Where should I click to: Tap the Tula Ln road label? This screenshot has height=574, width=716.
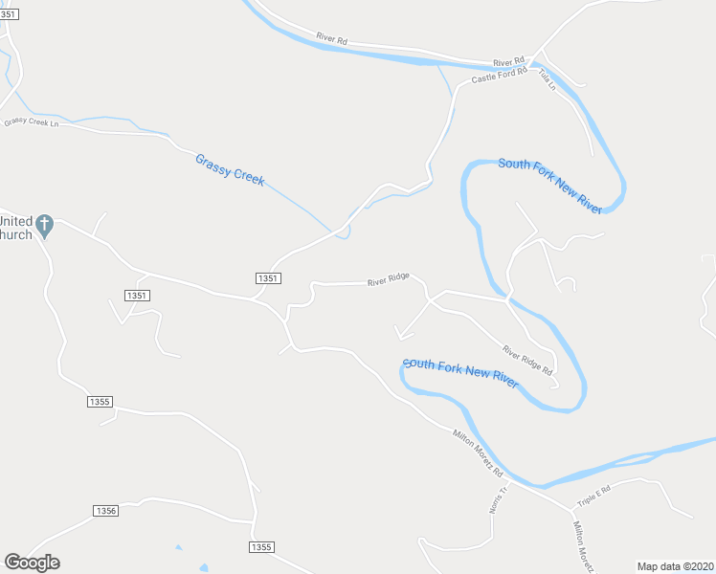pyautogui.click(x=547, y=79)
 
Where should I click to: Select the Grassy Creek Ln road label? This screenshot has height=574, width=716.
pyautogui.click(x=31, y=123)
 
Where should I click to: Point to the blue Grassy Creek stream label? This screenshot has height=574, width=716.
pyautogui.click(x=230, y=170)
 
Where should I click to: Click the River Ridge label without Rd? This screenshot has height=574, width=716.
pyautogui.click(x=389, y=279)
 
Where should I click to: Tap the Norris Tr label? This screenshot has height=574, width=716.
pyautogui.click(x=496, y=497)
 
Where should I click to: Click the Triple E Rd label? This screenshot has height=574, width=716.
pyautogui.click(x=593, y=495)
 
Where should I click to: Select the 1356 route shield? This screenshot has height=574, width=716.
pyautogui.click(x=106, y=511)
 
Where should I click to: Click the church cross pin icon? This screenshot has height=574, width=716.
pyautogui.click(x=44, y=226)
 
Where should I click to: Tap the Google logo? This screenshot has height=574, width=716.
pyautogui.click(x=32, y=563)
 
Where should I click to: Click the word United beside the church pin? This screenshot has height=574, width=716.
pyautogui.click(x=16, y=219)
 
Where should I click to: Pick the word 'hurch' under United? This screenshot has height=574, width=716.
pyautogui.click(x=16, y=233)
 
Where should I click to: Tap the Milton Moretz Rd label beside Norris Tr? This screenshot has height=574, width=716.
pyautogui.click(x=478, y=452)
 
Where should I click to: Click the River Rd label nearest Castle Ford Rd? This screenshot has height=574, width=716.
pyautogui.click(x=509, y=58)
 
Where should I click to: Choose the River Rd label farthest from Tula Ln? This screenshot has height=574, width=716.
pyautogui.click(x=331, y=39)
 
